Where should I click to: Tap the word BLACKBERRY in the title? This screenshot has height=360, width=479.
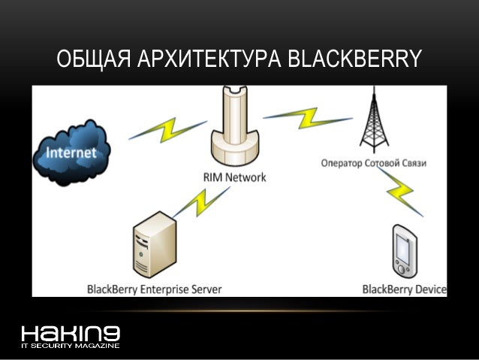354,59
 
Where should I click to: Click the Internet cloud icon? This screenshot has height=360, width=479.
71,152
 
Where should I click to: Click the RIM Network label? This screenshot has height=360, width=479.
233,178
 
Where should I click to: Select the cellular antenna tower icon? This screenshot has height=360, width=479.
374,120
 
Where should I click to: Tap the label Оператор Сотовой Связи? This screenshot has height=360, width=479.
373,162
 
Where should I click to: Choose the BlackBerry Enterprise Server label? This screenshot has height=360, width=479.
155,289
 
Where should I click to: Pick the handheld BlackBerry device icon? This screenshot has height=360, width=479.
404,252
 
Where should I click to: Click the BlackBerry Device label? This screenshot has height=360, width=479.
404,289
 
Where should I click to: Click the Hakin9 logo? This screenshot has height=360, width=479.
71,333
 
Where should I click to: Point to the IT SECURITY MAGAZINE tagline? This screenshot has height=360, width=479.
71,346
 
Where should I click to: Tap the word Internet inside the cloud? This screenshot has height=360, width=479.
71,153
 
